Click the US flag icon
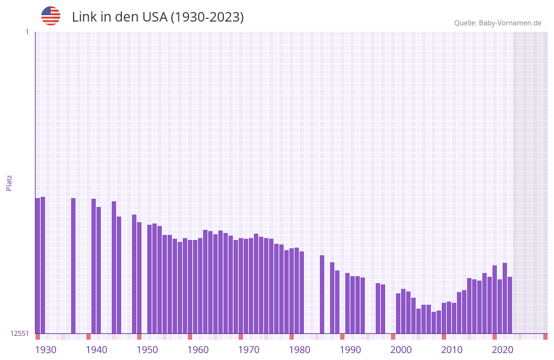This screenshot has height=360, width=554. [51, 16]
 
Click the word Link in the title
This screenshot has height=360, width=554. [84, 17]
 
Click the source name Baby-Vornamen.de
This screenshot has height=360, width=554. [510, 23]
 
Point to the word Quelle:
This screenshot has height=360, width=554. [465, 23]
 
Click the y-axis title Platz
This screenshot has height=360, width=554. [9, 182]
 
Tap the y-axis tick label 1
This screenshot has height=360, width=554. [27, 32]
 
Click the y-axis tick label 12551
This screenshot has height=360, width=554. [20, 333]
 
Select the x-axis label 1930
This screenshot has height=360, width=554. [46, 350]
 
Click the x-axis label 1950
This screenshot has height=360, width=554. [147, 350]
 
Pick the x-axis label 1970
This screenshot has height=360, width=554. [249, 350]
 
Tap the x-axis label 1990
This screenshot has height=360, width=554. [350, 350]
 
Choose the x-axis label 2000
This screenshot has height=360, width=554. [401, 350]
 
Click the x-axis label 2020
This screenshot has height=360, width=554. [503, 350]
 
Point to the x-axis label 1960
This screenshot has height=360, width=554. [198, 350]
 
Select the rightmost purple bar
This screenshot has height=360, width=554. [510, 305]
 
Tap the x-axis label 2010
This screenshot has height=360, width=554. [452, 350]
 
